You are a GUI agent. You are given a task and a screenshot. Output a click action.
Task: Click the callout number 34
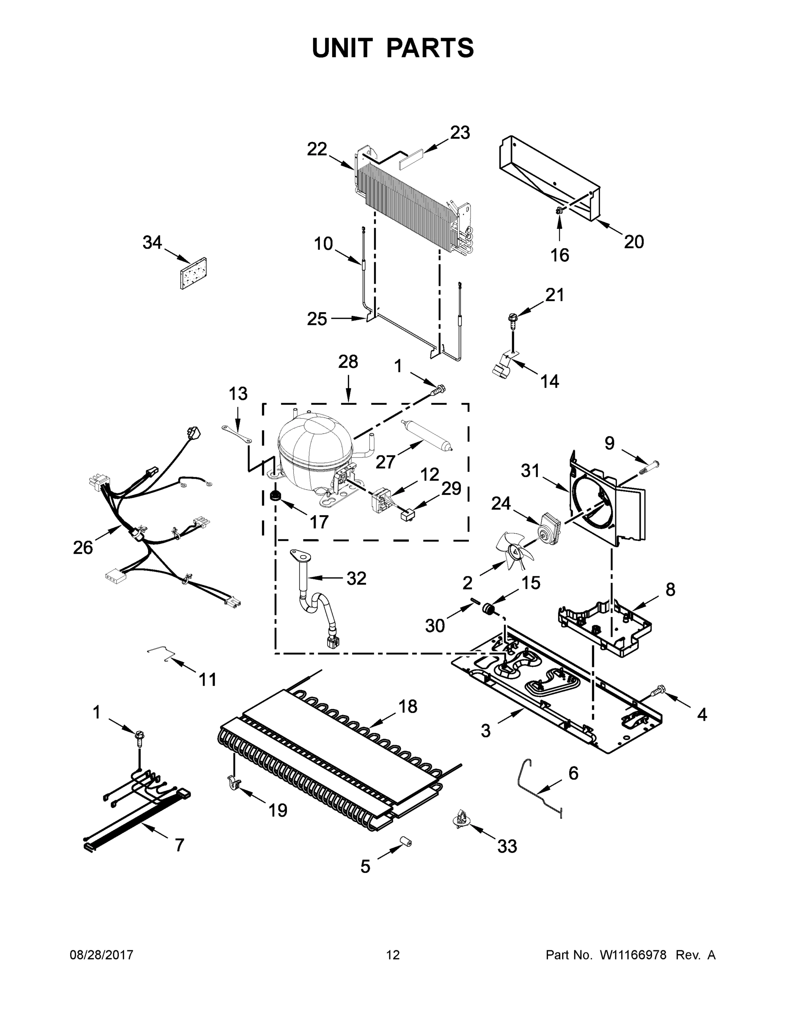(x=152, y=243)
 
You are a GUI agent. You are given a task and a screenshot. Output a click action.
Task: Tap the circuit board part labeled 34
(x=193, y=273)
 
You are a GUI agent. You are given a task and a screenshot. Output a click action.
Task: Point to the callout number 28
(x=348, y=362)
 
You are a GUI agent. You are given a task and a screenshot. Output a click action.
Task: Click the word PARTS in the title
(x=430, y=48)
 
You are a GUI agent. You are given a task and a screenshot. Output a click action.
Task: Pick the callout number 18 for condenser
(x=408, y=706)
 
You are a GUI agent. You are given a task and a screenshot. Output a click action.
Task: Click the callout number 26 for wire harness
(x=83, y=548)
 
